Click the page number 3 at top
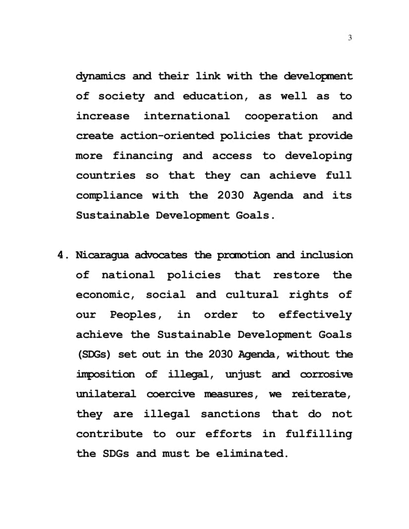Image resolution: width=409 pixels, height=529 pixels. pyautogui.click(x=350, y=38)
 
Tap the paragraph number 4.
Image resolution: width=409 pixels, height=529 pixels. pyautogui.click(x=62, y=255)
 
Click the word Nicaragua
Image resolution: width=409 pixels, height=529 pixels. pyautogui.click(x=103, y=255)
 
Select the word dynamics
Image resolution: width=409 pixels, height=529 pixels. pyautogui.click(x=101, y=77)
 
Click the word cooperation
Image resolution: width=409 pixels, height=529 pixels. pyautogui.click(x=281, y=116)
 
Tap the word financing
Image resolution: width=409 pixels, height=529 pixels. pyautogui.click(x=143, y=156)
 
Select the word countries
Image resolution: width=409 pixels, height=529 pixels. pyautogui.click(x=106, y=176)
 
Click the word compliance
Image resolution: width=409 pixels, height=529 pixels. pyautogui.click(x=110, y=196)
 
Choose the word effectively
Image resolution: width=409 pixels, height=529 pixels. pyautogui.click(x=315, y=315)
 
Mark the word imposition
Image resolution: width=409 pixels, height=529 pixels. pyautogui.click(x=105, y=374)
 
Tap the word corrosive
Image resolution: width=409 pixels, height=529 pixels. pyautogui.click(x=327, y=374)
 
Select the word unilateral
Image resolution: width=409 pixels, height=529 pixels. pyautogui.click(x=106, y=394)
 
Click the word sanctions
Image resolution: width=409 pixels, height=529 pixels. pyautogui.click(x=230, y=414)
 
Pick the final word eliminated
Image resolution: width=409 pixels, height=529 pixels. pyautogui.click(x=251, y=454)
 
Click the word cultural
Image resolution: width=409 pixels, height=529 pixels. pyautogui.click(x=252, y=295)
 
